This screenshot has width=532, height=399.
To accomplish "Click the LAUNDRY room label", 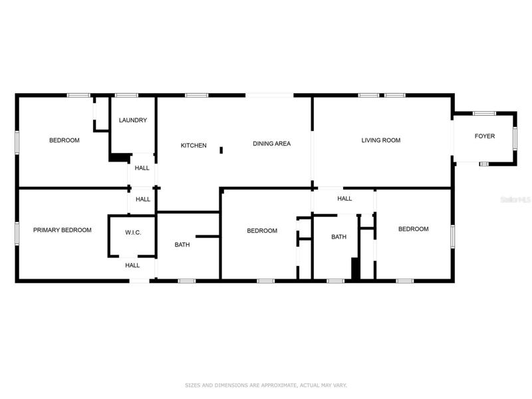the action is pyautogui.click(x=132, y=120).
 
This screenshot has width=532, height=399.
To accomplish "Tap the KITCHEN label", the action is pyautogui.click(x=194, y=145).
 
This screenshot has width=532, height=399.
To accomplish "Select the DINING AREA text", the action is pyautogui.click(x=271, y=144).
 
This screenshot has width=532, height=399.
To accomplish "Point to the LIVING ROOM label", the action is pyautogui.click(x=380, y=140).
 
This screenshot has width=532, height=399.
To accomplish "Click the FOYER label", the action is pyautogui.click(x=485, y=136).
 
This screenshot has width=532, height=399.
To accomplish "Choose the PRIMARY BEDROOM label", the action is pyautogui.click(x=62, y=230).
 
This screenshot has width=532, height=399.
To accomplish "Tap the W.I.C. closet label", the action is pyautogui.click(x=133, y=232).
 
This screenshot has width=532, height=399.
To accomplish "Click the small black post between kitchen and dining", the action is pyautogui.click(x=221, y=150).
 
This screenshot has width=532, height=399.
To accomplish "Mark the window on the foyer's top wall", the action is pyautogui.click(x=485, y=113).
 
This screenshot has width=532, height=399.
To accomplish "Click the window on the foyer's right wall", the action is pyautogui.click(x=515, y=138).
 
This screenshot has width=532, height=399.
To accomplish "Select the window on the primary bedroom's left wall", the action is pyautogui.click(x=17, y=233).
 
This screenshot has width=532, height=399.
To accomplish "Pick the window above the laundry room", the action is pyautogui.click(x=126, y=95).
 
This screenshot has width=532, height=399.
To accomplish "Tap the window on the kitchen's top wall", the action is pyautogui.click(x=197, y=95).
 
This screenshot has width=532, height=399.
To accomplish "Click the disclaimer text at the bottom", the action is pyautogui.click(x=265, y=385).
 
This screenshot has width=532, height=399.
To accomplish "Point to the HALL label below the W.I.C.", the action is pyautogui.click(x=132, y=265).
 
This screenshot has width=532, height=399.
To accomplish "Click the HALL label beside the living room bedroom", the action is pyautogui.click(x=344, y=198).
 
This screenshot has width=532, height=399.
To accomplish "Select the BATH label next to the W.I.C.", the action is pyautogui.click(x=182, y=245).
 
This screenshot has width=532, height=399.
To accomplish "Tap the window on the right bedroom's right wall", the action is pyautogui.click(x=452, y=236).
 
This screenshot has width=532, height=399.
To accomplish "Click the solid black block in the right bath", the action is pyautogui.click(x=355, y=269).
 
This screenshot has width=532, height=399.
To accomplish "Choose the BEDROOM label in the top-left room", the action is pyautogui.click(x=64, y=140).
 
